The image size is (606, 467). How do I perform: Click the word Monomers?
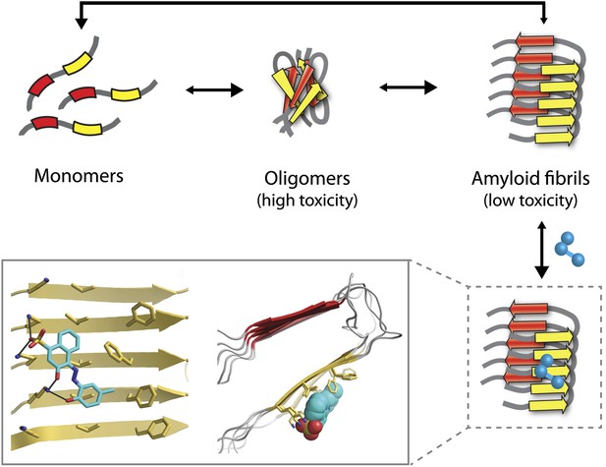(x=79, y=176)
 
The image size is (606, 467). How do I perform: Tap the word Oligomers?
(x=307, y=179)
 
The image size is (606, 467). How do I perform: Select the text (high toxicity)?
(x=307, y=201)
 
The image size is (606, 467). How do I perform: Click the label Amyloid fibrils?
(x=530, y=178)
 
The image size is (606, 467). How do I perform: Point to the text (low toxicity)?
(x=530, y=200)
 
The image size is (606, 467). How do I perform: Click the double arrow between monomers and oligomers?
(x=214, y=90)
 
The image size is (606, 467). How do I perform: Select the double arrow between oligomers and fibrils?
(x=409, y=88)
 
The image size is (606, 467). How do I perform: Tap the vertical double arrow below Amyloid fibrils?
(x=542, y=250)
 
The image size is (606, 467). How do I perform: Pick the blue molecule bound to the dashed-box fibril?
(x=549, y=372)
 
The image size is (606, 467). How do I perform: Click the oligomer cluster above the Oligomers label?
(x=301, y=90)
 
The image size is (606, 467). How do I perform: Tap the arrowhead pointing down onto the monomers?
(x=82, y=23)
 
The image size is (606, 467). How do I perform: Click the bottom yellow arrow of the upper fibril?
(x=555, y=138)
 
